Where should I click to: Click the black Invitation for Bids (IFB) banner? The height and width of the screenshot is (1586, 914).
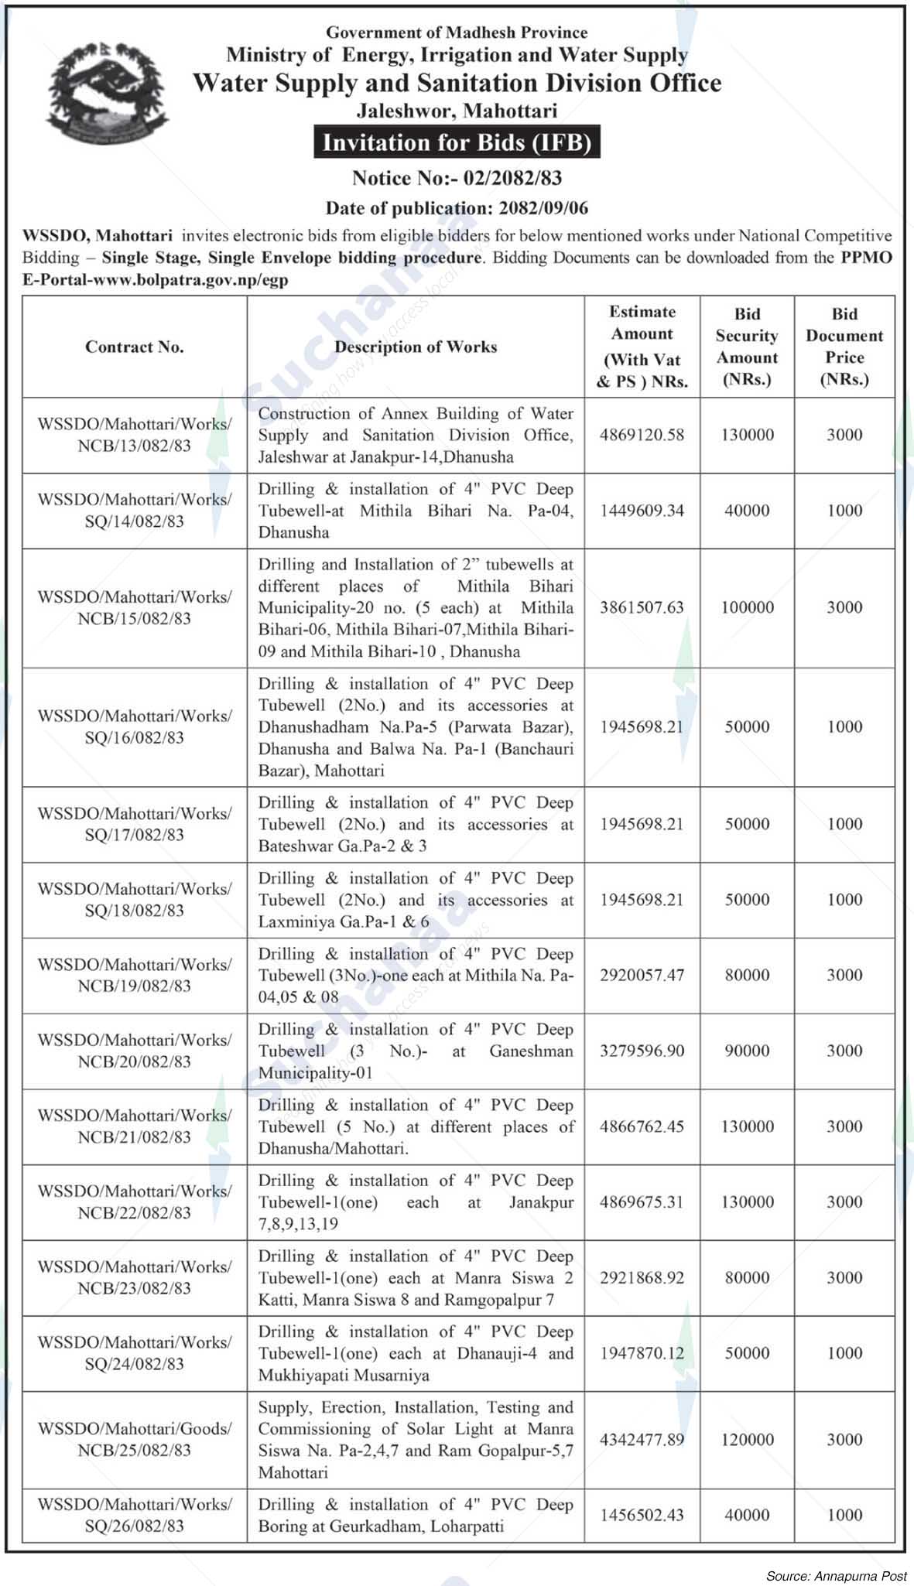point(457,143)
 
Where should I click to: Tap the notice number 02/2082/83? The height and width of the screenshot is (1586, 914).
point(512,178)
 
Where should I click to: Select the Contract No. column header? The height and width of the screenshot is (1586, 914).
point(135,347)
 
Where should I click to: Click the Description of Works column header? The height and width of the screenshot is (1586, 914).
point(416,347)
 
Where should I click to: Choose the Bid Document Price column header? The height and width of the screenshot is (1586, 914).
point(844,347)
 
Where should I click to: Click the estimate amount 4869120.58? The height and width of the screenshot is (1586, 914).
point(642,435)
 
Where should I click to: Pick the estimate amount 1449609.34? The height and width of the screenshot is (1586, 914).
point(642,511)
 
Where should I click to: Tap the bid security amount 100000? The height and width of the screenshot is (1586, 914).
point(747,607)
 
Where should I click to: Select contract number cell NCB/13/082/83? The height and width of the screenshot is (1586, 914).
point(135,435)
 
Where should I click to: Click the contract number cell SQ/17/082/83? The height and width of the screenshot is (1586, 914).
point(135,824)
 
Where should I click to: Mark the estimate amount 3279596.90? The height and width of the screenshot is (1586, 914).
point(642,1051)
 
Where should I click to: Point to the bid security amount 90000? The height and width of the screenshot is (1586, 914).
point(747,1051)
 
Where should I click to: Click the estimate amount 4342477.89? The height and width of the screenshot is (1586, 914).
point(642,1440)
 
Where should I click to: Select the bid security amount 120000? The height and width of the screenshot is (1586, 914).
point(747,1440)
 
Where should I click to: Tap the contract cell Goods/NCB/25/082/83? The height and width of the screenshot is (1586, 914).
point(135,1440)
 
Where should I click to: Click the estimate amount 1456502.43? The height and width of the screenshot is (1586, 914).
point(642,1515)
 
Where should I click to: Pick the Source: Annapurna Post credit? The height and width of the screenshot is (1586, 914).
point(837,1575)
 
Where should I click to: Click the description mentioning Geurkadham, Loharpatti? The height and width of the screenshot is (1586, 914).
point(416,1515)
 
